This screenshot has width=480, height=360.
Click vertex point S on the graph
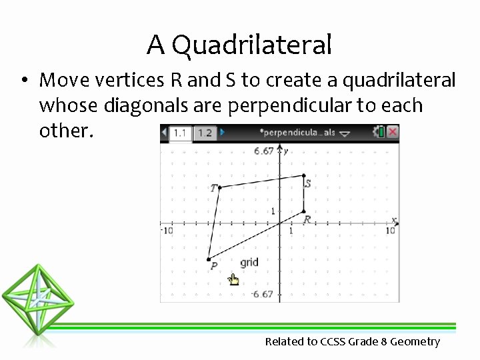(304, 175)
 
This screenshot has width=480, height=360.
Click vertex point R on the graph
(304, 211)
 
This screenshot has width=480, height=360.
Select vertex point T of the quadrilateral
(219, 188)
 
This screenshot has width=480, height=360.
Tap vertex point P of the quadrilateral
(209, 259)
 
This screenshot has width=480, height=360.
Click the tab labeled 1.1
(180, 133)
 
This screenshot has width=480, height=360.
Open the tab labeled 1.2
(205, 133)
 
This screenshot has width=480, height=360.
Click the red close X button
(393, 132)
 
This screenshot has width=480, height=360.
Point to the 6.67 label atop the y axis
(263, 151)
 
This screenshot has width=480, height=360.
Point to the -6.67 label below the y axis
(262, 294)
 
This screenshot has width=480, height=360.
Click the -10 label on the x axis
(167, 231)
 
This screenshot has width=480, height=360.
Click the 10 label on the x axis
(390, 231)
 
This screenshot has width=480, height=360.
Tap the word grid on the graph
(249, 263)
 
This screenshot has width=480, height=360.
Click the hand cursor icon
(233, 279)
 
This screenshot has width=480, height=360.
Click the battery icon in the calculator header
(381, 132)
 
